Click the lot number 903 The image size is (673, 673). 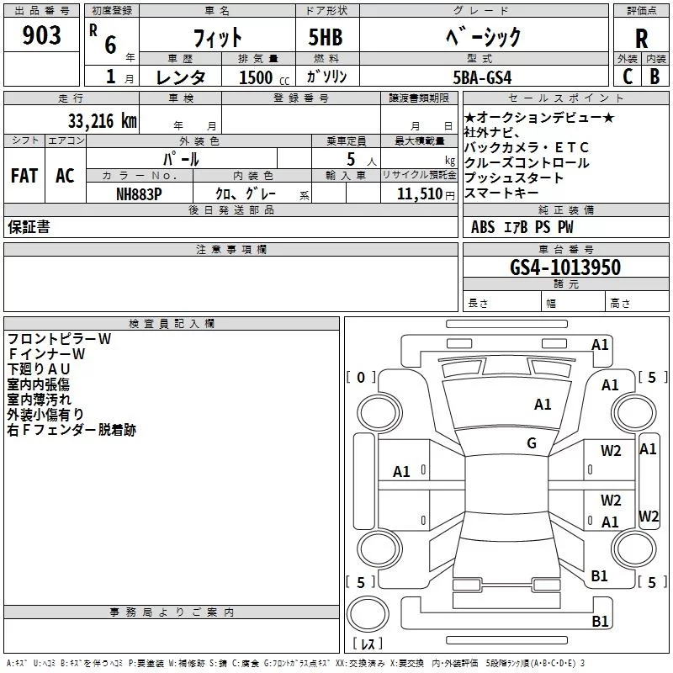tap(41, 34)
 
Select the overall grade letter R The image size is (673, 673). tap(641, 39)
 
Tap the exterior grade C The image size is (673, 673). tap(628, 77)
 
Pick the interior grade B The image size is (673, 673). tap(654, 77)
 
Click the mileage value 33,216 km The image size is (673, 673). tap(102, 121)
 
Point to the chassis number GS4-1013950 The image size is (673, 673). tap(565, 268)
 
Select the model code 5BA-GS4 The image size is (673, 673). tap(482, 77)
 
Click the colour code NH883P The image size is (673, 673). tap(139, 194)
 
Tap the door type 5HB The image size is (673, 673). tap(326, 37)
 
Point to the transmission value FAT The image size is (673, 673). tap(24, 176)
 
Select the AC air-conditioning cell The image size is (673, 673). tap(65, 176)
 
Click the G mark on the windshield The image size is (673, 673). tap(532, 443)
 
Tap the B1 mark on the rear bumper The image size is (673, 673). tap(600, 621)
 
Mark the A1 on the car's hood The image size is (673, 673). tap(543, 405)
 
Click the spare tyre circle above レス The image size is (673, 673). tap(368, 614)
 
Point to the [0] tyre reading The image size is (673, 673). tap(361, 377)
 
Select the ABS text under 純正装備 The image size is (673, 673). tap(482, 227)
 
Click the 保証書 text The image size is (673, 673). tap(29, 227)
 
